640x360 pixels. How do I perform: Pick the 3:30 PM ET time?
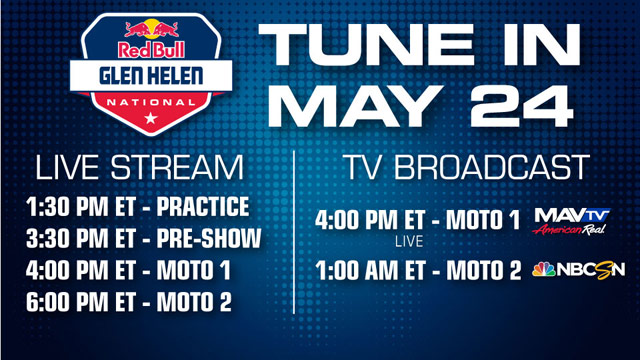pos(89,241)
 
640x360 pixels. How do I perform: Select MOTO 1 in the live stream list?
pos(204,270)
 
